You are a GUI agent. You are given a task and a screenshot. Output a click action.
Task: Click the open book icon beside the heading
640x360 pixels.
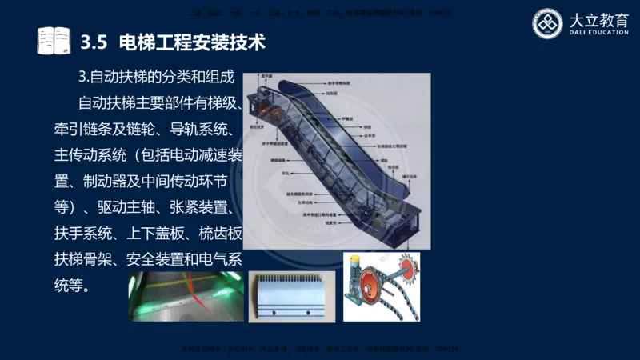pos(54,41)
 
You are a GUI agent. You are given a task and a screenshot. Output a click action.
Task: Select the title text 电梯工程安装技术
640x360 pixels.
pos(191,42)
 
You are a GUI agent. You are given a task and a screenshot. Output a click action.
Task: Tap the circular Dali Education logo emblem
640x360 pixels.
pos(548,23)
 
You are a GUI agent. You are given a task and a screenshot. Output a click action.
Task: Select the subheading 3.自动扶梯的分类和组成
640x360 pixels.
pos(156,78)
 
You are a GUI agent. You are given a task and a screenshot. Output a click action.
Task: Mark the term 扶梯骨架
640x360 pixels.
pos(79,259)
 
